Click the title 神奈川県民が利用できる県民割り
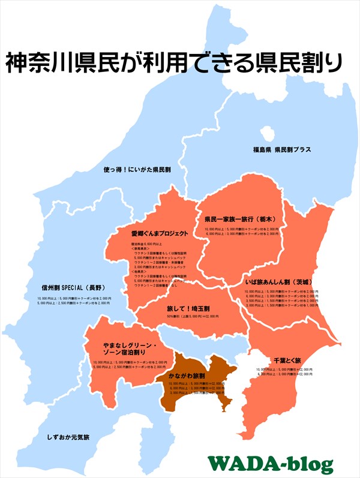tap(174, 62)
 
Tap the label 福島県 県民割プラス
tap(281, 149)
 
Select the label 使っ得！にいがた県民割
tap(137, 170)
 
